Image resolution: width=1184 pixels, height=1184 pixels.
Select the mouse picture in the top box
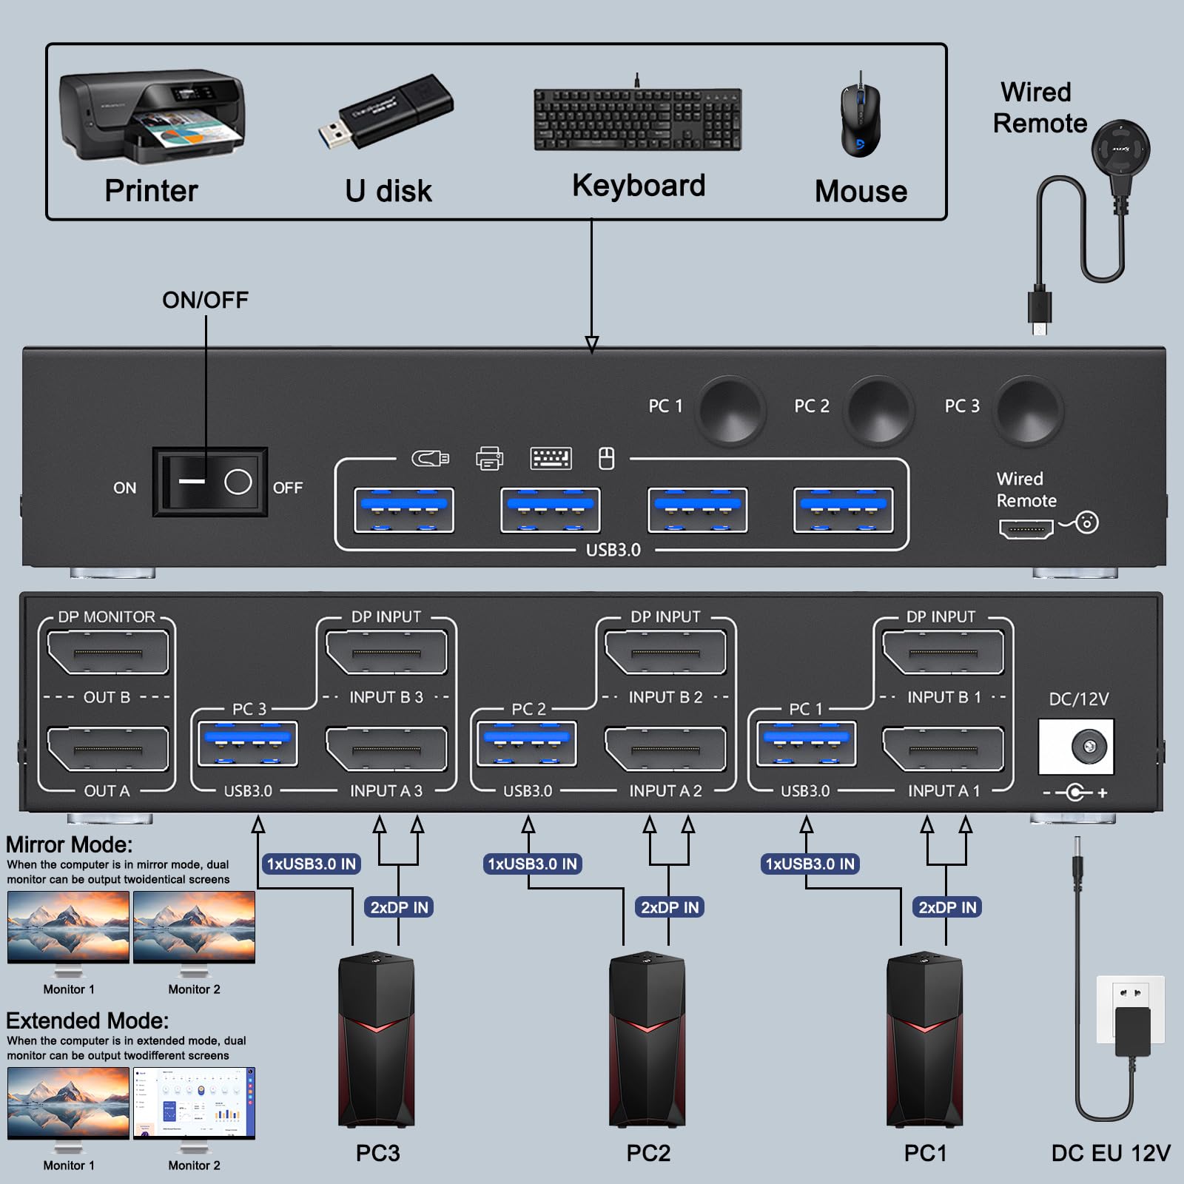pos(860,118)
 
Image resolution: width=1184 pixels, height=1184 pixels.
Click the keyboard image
pos(637,120)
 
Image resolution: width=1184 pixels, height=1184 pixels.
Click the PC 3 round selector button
pos(1028,410)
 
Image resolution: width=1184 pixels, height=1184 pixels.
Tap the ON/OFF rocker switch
pos(210,482)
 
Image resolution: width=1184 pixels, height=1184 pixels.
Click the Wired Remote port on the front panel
pos(1026,528)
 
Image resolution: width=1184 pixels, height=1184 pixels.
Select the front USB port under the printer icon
pos(550,510)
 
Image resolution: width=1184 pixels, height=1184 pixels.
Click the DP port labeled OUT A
pos(108,749)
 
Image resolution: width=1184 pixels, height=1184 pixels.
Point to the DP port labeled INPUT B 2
pos(665,652)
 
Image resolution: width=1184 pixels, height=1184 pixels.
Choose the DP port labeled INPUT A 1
pos(943,749)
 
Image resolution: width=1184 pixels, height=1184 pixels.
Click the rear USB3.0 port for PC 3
pos(248,744)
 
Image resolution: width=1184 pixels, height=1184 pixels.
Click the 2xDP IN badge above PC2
pos(669,907)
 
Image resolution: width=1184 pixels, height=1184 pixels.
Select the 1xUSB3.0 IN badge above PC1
pos(810,864)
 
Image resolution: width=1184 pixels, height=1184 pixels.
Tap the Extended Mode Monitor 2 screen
pos(194,1102)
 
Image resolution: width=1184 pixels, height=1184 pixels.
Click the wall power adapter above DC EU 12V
pos(1131,1021)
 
